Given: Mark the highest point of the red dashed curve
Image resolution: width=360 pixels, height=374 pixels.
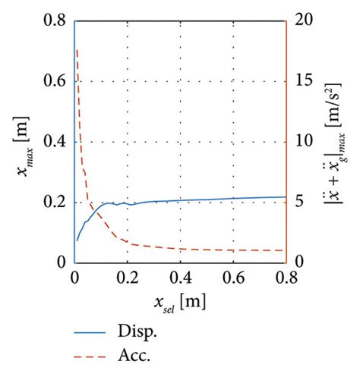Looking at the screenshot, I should [x=77, y=50].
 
